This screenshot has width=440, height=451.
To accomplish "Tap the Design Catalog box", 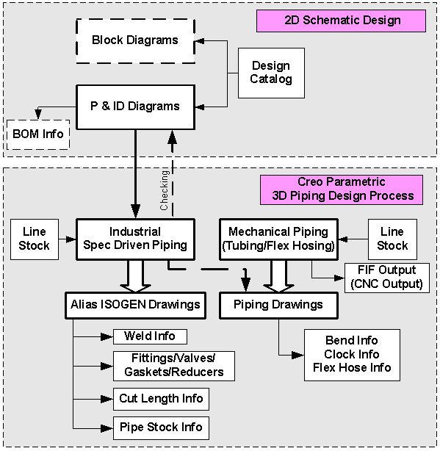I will coord(270,73).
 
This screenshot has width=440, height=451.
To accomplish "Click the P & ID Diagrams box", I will coord(136,107).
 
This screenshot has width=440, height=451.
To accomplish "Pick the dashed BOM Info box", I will coord(38,134).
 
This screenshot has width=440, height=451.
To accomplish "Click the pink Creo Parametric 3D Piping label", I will coord(340,189).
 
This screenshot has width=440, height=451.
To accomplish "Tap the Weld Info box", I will coord(149,336).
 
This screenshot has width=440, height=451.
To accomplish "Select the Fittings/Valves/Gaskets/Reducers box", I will coord(173,366).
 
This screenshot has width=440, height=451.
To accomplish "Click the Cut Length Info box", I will coord(160,399).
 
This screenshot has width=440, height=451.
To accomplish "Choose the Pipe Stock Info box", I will coord(160,427).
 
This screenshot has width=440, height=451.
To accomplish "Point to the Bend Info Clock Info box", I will coord(352,354).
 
